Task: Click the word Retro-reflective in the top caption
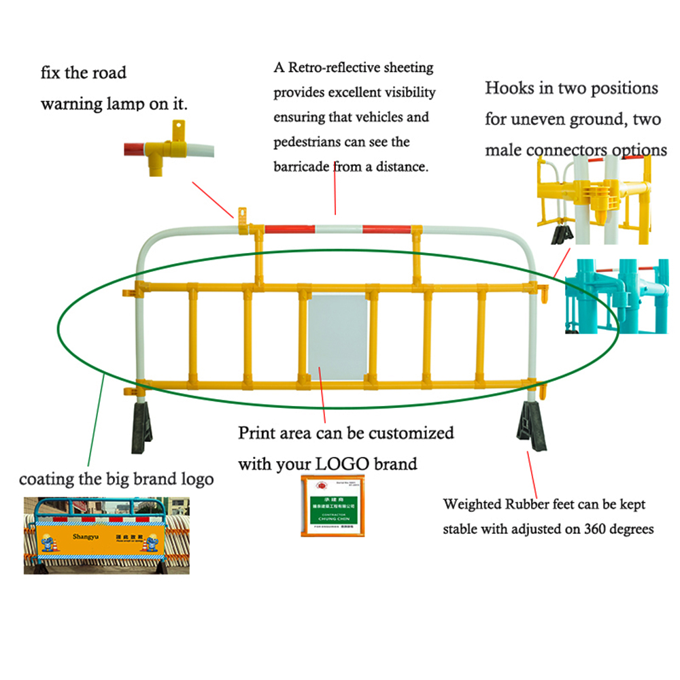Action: coord(330,68)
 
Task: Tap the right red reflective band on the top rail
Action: coord(386,229)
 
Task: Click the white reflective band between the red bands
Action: coord(339,229)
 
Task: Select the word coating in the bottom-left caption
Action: coord(46,479)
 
